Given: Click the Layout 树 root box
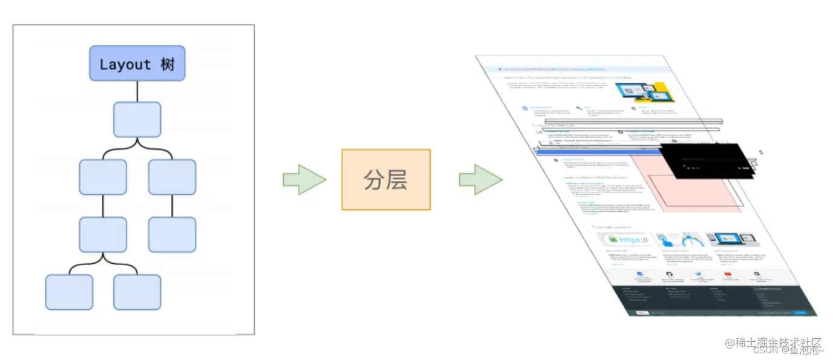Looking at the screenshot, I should [137, 64].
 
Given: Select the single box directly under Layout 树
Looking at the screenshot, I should [137, 119].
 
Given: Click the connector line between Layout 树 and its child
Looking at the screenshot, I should [137, 91].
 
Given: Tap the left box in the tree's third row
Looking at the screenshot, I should [103, 177].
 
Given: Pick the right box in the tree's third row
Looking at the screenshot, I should [172, 177].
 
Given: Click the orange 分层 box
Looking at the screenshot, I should [386, 180].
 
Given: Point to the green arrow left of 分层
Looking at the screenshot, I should [304, 180].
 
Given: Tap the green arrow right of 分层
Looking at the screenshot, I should [480, 180].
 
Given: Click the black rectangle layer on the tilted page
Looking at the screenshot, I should [705, 161].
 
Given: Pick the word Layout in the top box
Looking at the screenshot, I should [125, 64].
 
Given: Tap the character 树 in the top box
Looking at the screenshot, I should [168, 64].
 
